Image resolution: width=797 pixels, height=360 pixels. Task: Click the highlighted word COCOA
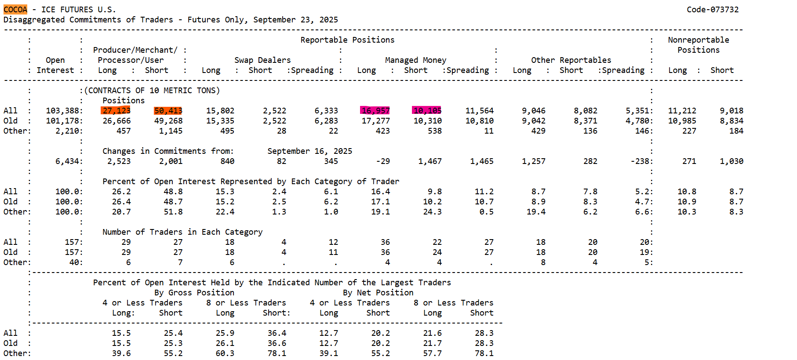pos(15,10)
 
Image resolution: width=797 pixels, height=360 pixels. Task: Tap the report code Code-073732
pos(713,10)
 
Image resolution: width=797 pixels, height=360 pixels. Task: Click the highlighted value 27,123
pos(116,111)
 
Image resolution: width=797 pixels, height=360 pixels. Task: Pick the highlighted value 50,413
pos(168,111)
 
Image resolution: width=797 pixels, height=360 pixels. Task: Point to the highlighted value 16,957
pos(375,111)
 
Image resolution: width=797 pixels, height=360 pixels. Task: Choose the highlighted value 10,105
pos(427,111)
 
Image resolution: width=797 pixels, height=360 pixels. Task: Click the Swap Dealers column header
pos(262,60)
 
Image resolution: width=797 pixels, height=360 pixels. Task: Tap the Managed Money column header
pos(415,60)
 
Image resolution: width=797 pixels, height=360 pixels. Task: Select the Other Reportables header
pos(571,60)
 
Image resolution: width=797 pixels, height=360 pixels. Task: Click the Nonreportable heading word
pos(698,40)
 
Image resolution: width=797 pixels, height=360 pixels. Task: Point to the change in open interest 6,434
pos(67,161)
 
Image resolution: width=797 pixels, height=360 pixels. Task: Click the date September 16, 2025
pos(309,151)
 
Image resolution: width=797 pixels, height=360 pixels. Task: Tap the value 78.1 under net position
pos(484,353)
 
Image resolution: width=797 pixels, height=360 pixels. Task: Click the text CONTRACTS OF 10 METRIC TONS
pos(152,91)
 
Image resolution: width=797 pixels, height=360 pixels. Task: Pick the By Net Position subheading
pos(378,293)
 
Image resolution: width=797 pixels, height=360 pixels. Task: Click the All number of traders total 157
pos(73,242)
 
